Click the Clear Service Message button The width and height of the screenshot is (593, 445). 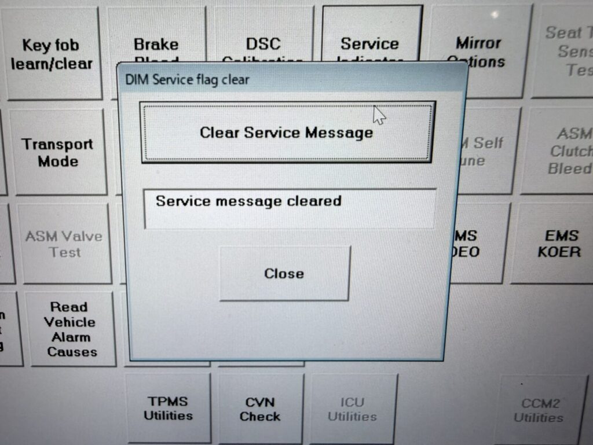tap(287, 133)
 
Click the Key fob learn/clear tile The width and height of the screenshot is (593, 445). tap(52, 53)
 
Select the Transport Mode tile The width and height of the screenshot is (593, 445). tap(57, 152)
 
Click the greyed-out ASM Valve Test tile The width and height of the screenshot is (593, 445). tap(64, 244)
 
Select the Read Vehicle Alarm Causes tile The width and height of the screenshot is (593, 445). tap(71, 329)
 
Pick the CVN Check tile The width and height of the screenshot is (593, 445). tap(260, 409)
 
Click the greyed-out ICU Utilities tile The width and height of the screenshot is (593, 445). tap(352, 409)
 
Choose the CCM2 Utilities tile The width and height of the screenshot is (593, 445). tap(538, 410)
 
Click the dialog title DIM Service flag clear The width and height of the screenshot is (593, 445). tap(187, 79)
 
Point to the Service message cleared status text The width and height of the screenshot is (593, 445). tap(248, 201)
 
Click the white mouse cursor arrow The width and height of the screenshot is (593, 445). tap(379, 115)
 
